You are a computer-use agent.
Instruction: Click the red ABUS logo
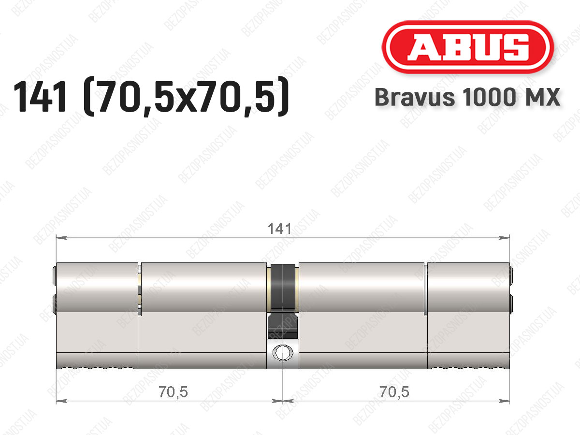point(468,47)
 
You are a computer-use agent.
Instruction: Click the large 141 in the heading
point(40,97)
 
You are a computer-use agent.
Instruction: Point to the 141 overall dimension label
point(279,229)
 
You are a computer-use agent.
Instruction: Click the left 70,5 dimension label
point(173,391)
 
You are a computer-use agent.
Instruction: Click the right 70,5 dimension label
point(394,391)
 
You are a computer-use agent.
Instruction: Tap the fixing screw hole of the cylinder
point(283,353)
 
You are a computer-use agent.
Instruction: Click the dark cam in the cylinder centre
point(283,301)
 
